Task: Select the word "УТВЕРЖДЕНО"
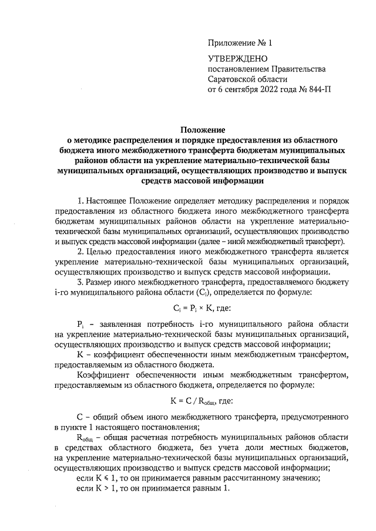pyautogui.click(x=238, y=59)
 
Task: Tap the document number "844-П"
pyautogui.click(x=318, y=90)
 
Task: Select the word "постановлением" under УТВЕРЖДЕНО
pyautogui.click(x=239, y=69)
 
